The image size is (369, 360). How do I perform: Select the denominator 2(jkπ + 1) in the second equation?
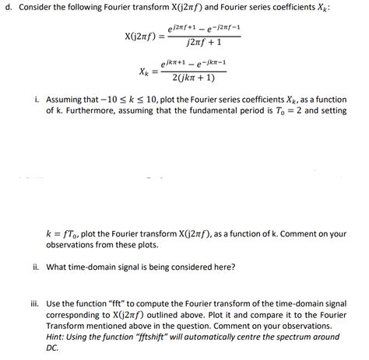188,78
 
